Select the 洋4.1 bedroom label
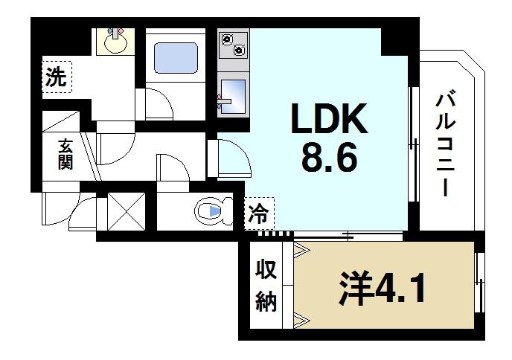pyautogui.click(x=384, y=289)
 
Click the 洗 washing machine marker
pyautogui.click(x=55, y=77)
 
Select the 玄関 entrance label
pyautogui.click(x=64, y=154)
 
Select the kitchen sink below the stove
pyautogui.click(x=233, y=93)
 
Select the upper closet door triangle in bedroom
pyautogui.click(x=302, y=251)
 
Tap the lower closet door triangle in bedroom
pyautogui.click(x=302, y=321)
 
